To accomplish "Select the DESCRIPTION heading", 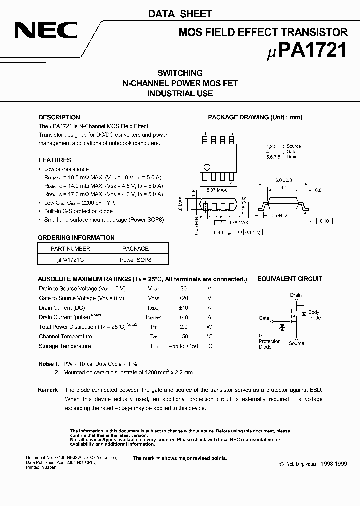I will click(x=59, y=117).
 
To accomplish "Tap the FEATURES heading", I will click(x=55, y=160).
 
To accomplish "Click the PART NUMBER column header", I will click(x=71, y=248).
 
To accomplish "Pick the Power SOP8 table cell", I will click(x=135, y=260).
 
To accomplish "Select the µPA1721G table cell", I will click(x=71, y=260).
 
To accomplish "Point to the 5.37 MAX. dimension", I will click(x=218, y=190).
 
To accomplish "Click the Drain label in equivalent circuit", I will click(x=296, y=295).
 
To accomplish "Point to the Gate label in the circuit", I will click(x=264, y=318).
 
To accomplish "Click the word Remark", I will click(x=48, y=390).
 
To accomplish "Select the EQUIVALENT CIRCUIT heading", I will click(x=289, y=279).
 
